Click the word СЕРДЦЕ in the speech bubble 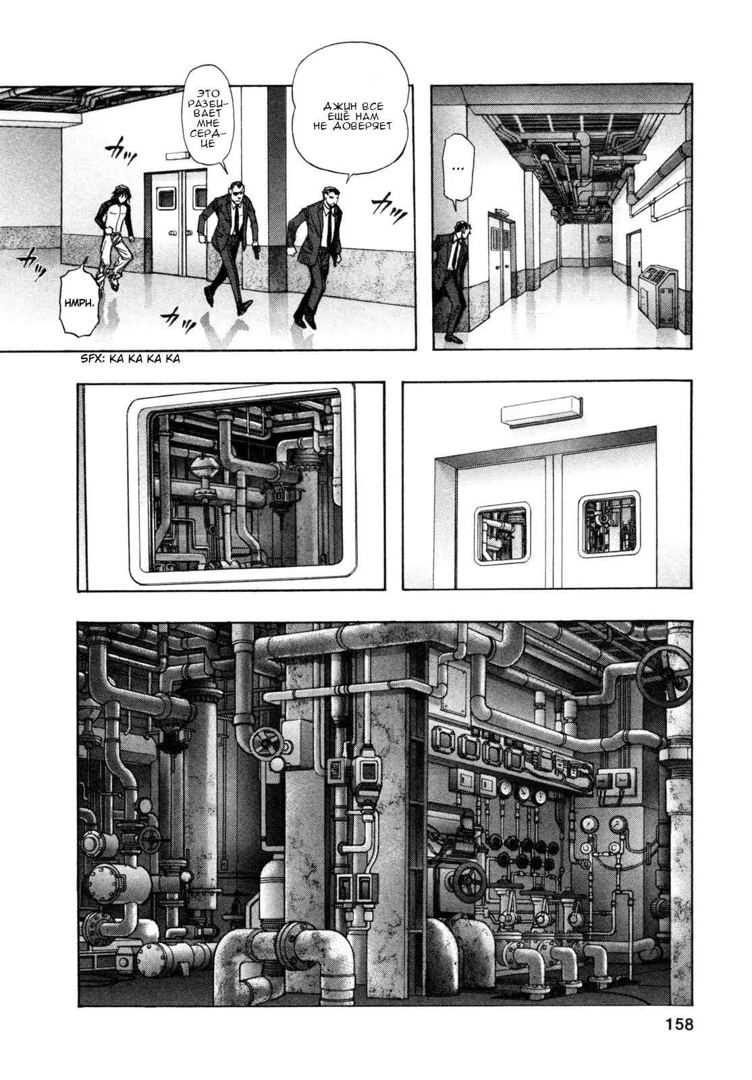(x=208, y=138)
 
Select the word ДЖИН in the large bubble (x=335, y=106)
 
